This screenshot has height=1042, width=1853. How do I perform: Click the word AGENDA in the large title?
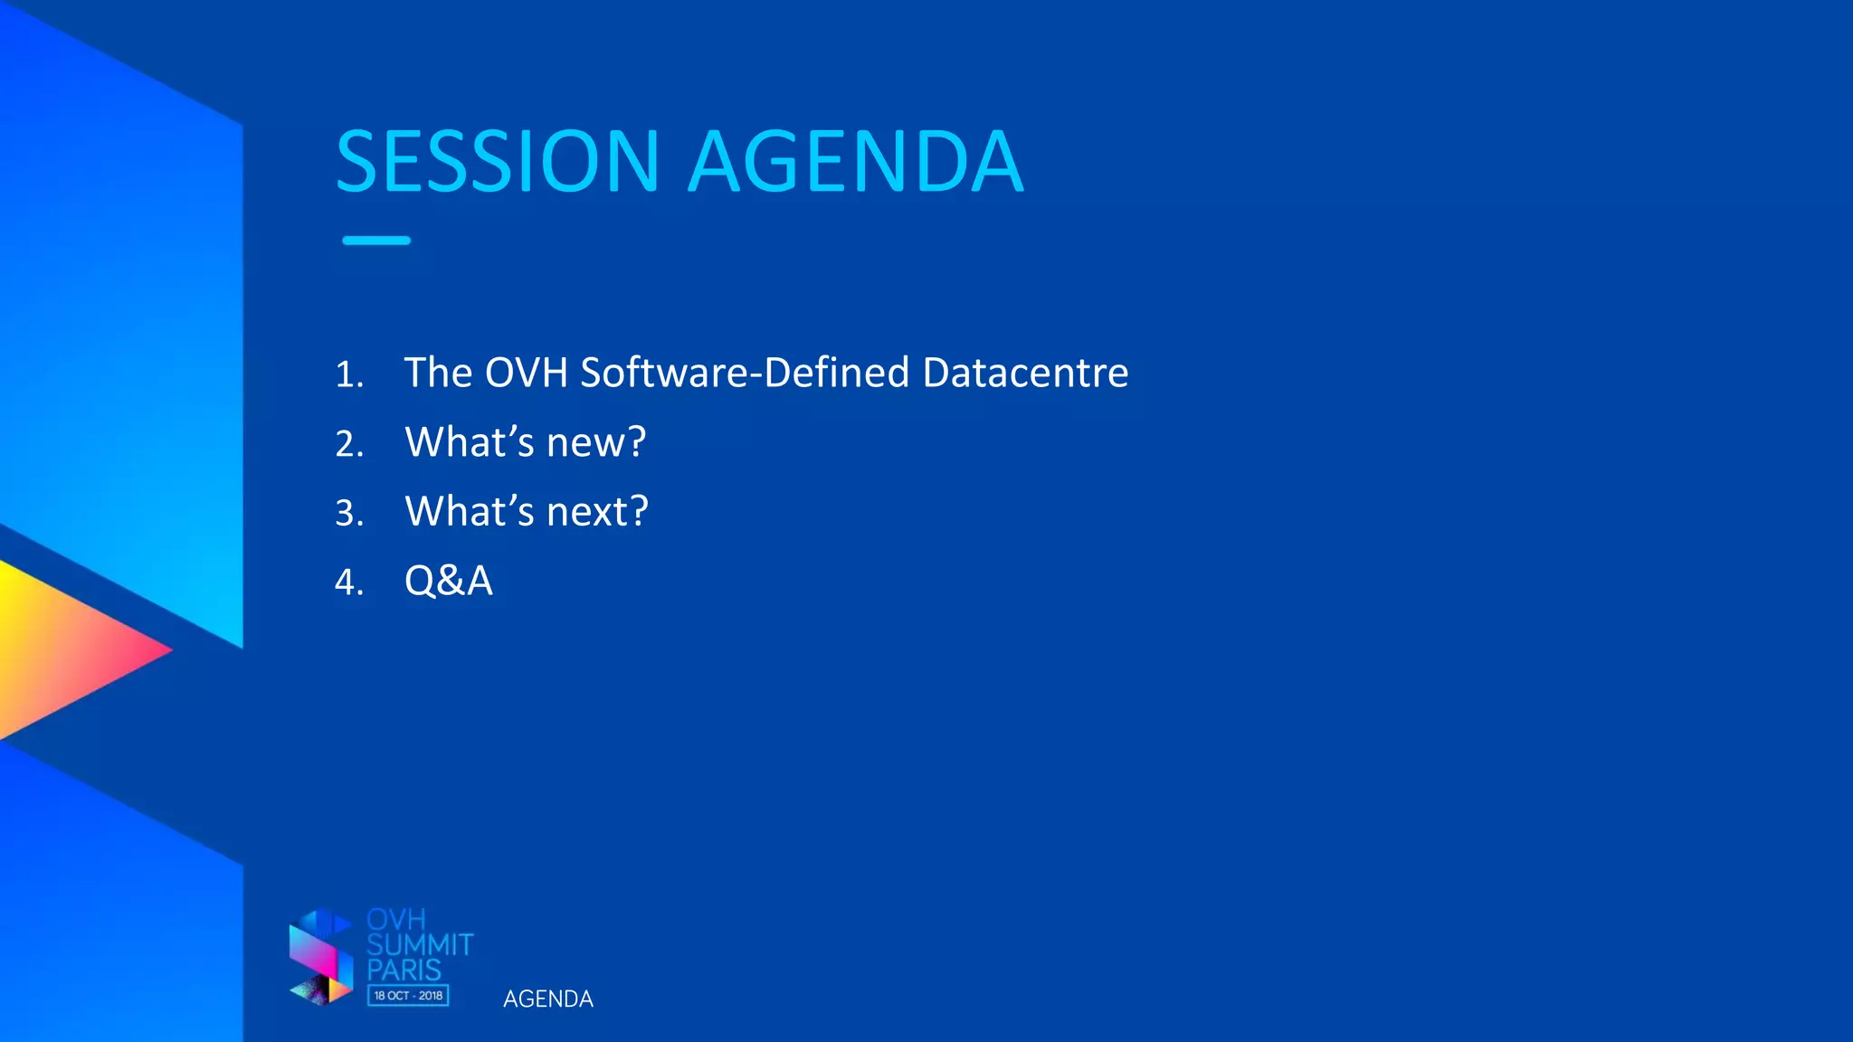[856, 163]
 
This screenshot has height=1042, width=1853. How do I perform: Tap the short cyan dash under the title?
[376, 241]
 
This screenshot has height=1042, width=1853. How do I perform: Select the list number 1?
[349, 374]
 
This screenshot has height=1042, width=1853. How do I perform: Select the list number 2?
[349, 444]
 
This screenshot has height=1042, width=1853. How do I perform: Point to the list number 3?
[349, 513]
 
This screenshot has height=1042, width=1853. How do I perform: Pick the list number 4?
[349, 583]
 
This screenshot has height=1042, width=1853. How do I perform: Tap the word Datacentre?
[1025, 373]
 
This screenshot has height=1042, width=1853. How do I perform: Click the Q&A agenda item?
[449, 581]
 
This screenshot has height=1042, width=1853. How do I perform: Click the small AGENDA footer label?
[548, 999]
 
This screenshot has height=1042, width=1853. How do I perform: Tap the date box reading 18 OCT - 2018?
[408, 995]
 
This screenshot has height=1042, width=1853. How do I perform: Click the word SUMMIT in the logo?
[420, 945]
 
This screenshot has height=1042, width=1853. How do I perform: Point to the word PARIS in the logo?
[404, 971]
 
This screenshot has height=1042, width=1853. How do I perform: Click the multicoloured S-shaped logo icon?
[321, 957]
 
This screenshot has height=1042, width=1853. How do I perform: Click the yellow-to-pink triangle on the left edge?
[63, 649]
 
